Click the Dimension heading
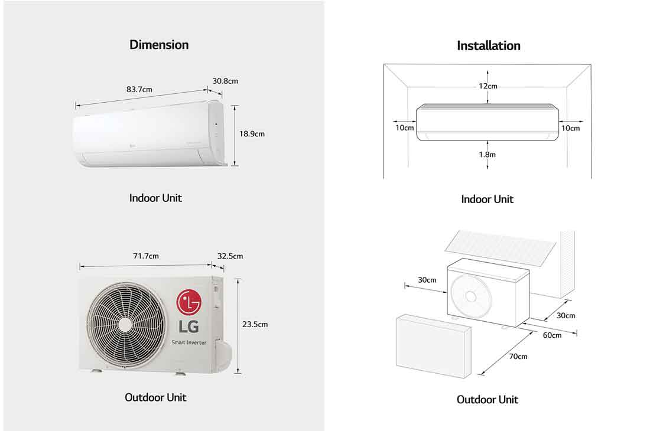coord(159,45)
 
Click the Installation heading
coord(488,45)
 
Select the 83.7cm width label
coord(139,90)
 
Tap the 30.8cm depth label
coord(225,81)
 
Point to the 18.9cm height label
coord(252,134)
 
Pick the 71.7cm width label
coord(145,256)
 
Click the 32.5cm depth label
coord(230,256)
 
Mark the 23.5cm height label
coord(255,324)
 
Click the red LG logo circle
coord(188,303)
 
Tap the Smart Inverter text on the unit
coord(188,342)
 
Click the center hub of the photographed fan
coord(125,325)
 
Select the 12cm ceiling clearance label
coord(487,86)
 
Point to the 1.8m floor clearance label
coord(487,154)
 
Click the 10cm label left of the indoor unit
coord(405,128)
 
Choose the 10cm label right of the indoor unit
coord(570,128)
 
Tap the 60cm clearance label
coord(552,335)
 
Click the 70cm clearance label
coord(518,357)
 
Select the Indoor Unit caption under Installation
coord(487,200)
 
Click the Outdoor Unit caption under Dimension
coord(155,397)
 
